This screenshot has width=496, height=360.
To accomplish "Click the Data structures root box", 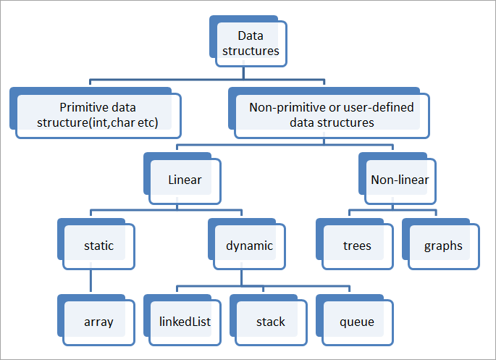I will click(x=251, y=43).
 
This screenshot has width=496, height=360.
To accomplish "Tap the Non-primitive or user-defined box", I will click(x=332, y=115).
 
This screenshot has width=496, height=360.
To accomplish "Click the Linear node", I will click(x=184, y=180).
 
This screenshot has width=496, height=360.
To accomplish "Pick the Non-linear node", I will click(x=399, y=180).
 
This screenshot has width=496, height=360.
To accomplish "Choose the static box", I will click(x=98, y=246).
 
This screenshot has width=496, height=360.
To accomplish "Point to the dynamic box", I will click(x=249, y=246).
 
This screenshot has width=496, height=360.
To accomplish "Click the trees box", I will click(x=357, y=246).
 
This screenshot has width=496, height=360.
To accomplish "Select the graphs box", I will click(x=443, y=246).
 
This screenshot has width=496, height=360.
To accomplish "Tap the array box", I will click(x=98, y=321).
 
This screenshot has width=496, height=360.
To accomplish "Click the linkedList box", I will click(x=184, y=321).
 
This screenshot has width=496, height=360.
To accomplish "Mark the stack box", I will click(x=271, y=321).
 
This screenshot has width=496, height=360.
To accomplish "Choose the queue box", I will click(x=357, y=321).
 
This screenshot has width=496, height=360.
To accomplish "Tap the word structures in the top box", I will click(x=251, y=51).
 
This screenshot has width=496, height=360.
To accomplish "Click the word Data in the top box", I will click(x=251, y=35).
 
